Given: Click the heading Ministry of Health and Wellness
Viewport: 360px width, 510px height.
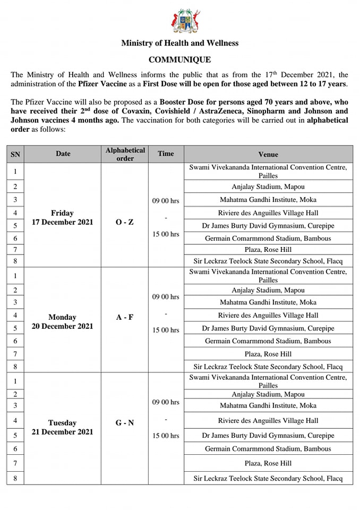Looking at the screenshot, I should pos(179,43).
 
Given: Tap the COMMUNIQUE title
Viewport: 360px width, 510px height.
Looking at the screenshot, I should pos(179,60).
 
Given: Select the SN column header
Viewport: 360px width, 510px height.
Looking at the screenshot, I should pos(15,154).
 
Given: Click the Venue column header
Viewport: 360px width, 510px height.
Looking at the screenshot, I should pos(268,154).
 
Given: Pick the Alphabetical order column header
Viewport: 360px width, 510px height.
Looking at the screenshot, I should pos(125,154).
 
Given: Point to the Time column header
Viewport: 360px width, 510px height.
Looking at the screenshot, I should pos(166,154).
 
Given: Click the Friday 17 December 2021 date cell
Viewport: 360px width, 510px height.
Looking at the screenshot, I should pos(63,218).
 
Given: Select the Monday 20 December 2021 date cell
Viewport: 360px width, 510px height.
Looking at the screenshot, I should pos(63,322).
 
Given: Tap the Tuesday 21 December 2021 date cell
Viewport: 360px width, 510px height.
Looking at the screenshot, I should pos(63,428).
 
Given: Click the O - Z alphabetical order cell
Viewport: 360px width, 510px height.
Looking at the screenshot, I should pos(125,222).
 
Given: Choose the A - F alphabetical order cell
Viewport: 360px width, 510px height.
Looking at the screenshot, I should pos(125,318).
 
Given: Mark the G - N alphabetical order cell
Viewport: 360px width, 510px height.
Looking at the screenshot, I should pos(125,423).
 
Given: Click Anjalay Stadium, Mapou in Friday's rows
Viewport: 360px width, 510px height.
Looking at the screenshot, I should pos(268,186).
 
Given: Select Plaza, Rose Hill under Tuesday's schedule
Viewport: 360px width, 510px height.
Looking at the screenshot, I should pos(268,463).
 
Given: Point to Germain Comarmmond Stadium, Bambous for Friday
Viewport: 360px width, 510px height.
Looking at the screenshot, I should pos(268,238).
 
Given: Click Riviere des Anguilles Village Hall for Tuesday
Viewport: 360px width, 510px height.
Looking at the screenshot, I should pos(268,421).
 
